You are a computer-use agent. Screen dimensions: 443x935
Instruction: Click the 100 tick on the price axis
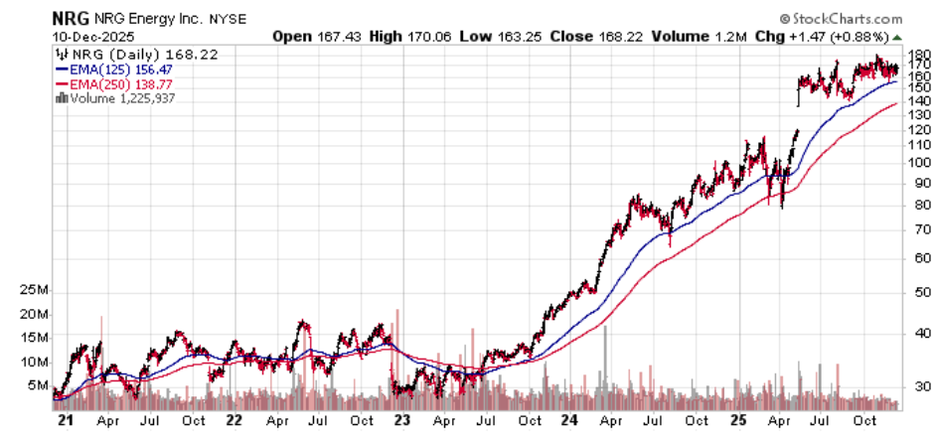917,162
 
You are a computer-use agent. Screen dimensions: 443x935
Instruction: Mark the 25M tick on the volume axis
37,290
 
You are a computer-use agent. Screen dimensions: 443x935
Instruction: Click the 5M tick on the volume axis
41,385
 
